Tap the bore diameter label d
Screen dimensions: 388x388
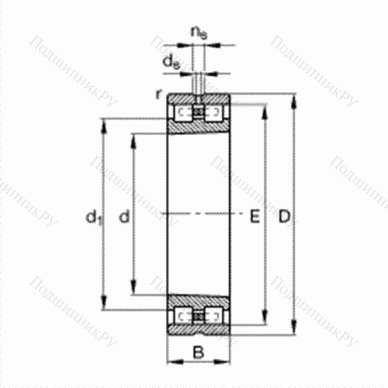point(123,219)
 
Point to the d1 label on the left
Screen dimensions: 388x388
point(93,220)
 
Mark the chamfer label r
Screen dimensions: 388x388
point(158,94)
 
